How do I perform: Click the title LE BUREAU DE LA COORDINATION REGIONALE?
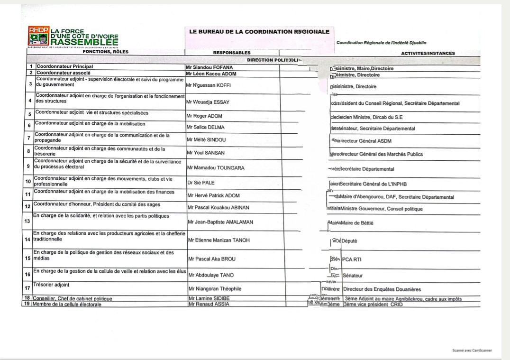[x=259, y=32]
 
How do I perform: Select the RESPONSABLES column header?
[x=232, y=53]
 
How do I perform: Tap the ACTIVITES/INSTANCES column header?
[x=428, y=53]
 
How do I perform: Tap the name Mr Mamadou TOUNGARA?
[x=216, y=168]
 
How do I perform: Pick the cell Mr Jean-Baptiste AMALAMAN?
[x=220, y=222]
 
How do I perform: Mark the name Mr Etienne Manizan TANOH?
[x=219, y=240]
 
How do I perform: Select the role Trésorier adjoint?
[x=51, y=285]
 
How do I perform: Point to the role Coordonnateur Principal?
[x=65, y=67]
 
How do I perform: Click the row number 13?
[x=27, y=221]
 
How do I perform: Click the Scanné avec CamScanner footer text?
[x=472, y=351]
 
